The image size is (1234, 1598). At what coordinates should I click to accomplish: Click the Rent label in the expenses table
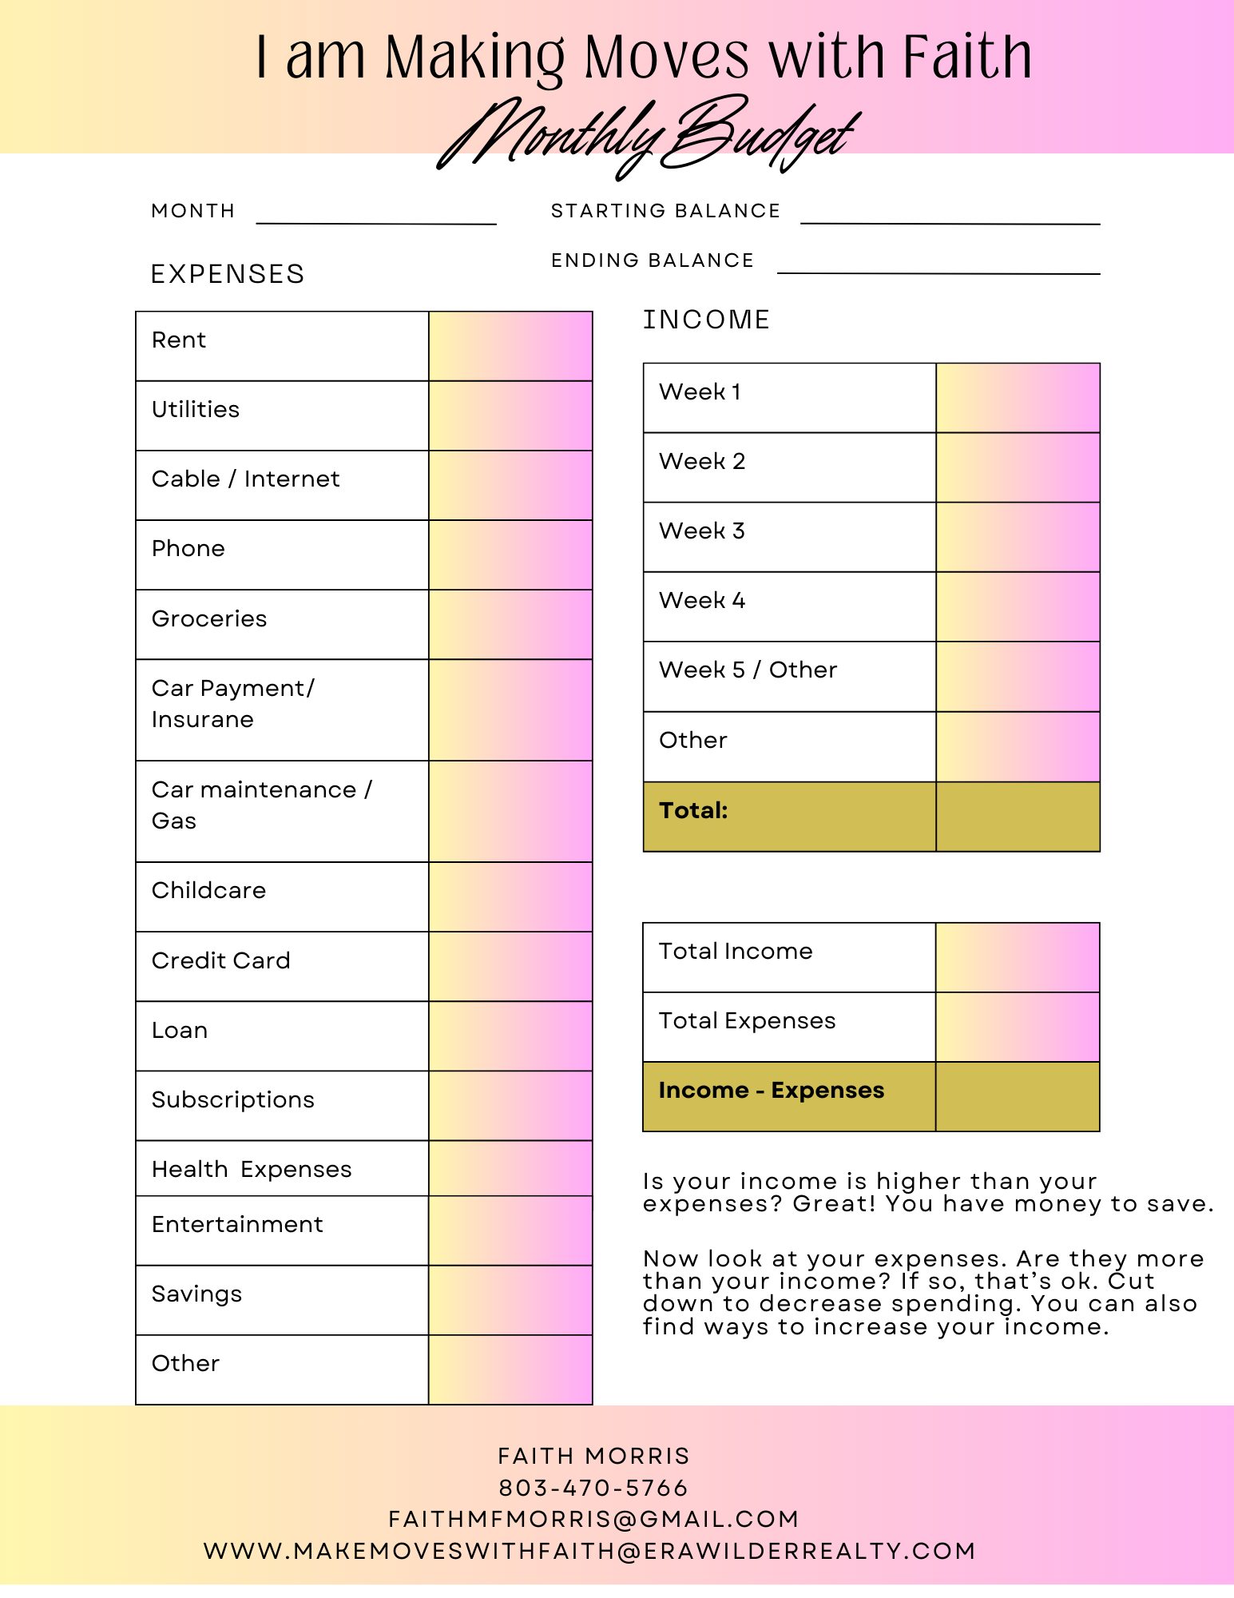click(179, 340)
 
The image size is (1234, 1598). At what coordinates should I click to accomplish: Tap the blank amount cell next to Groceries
click(510, 624)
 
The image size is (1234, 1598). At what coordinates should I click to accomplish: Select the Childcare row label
click(208, 890)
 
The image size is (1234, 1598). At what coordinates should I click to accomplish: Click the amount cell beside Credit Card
click(510, 966)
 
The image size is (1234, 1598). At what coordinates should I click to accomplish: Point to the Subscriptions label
click(233, 1099)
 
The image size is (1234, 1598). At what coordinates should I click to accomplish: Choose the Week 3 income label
click(702, 531)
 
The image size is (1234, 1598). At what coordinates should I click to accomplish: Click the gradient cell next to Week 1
click(1018, 398)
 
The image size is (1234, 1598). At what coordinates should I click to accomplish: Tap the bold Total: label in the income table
click(693, 810)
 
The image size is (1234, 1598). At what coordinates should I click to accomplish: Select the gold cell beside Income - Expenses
click(1018, 1096)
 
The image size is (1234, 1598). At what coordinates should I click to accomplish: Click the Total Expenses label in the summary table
click(747, 1020)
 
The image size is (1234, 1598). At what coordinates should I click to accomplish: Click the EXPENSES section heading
click(228, 274)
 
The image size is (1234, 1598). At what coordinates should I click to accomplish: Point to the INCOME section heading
click(706, 320)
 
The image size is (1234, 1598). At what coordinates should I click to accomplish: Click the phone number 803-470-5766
click(593, 1488)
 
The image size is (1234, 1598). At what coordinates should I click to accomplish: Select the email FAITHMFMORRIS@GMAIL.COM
click(593, 1519)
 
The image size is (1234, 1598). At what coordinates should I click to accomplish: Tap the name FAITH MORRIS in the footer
click(593, 1456)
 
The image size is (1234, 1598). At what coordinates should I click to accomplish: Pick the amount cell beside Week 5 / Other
click(1018, 676)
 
